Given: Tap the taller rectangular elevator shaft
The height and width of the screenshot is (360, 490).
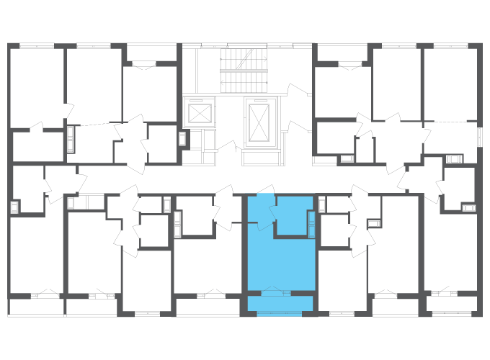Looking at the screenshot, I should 259,120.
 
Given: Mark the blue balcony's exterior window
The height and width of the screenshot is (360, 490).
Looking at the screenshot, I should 280,313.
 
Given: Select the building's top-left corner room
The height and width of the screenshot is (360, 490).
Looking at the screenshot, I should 36,86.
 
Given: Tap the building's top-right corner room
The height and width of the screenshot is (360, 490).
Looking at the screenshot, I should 451,83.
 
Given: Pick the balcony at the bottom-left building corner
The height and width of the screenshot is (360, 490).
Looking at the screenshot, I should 36,307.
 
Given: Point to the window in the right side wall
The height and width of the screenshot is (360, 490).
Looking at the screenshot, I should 480,137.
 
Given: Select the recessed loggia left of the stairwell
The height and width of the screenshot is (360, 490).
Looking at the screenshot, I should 151,53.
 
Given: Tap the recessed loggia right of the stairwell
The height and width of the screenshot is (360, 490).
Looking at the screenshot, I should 342,53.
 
